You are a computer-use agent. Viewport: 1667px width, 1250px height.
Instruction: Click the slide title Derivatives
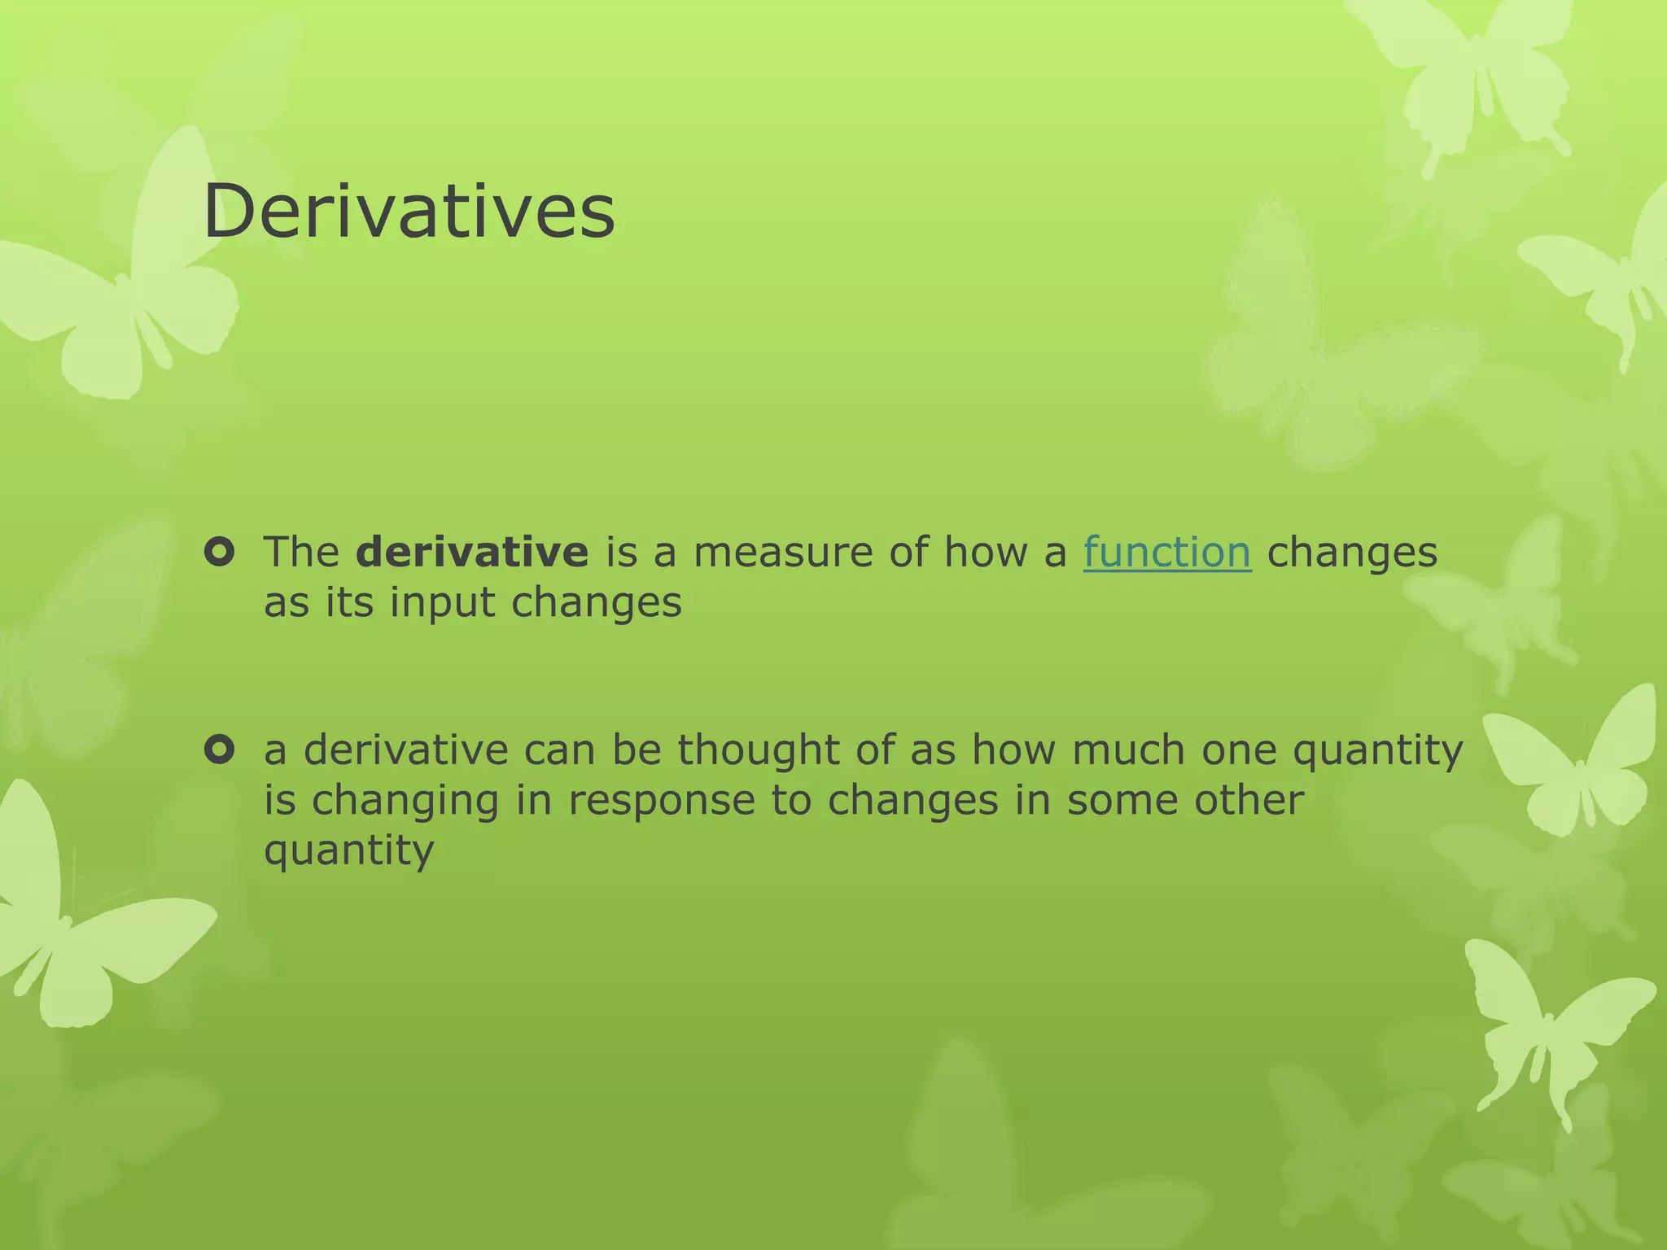click(x=409, y=212)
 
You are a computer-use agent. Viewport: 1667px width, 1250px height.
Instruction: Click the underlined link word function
click(x=1166, y=553)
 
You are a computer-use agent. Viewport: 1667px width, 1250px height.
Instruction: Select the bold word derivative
click(x=472, y=553)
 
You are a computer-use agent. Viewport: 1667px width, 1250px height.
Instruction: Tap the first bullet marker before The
click(x=220, y=553)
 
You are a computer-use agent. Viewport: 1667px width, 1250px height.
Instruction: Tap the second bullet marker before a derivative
click(x=220, y=750)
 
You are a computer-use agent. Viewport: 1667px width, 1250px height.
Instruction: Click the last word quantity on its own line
click(x=349, y=852)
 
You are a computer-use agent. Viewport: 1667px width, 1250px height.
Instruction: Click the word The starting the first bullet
click(x=301, y=553)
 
